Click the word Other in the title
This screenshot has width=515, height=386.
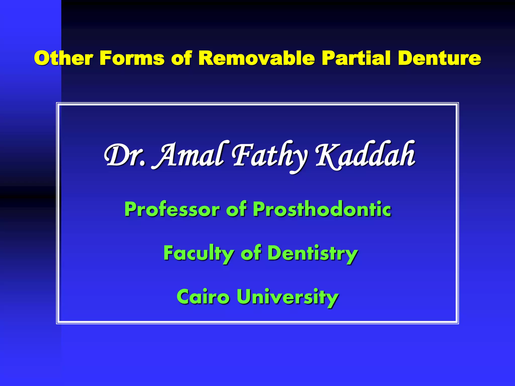coord(64,58)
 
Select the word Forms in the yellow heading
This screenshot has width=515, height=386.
coord(132,58)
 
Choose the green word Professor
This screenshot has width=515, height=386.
coord(172,209)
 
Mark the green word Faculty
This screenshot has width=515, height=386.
coord(199,253)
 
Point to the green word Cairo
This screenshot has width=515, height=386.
coord(203,297)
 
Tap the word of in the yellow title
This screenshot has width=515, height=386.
coord(182,58)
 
